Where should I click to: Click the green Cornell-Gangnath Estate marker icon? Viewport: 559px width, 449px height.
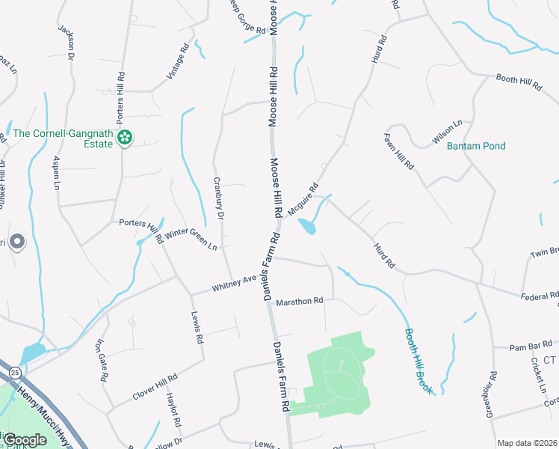click(x=125, y=137)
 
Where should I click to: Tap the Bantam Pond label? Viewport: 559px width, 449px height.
click(x=476, y=146)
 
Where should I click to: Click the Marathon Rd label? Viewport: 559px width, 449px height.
click(x=299, y=302)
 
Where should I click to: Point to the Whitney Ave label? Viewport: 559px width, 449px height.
click(x=233, y=284)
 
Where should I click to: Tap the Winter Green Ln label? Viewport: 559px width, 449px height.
click(x=191, y=239)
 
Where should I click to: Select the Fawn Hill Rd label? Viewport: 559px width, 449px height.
click(x=398, y=151)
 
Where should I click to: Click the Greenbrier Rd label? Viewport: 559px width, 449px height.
click(x=491, y=394)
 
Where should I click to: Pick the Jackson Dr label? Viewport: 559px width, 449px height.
click(x=67, y=41)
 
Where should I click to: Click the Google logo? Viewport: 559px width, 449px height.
click(x=25, y=439)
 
